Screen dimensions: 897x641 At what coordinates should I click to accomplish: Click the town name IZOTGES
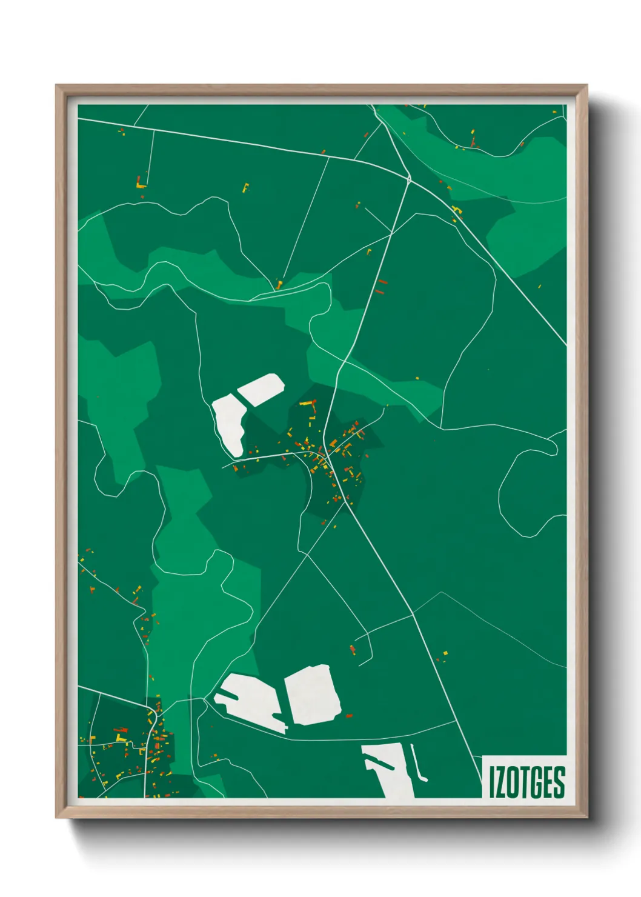(527, 781)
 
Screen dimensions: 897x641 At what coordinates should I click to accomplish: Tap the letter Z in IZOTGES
(500, 781)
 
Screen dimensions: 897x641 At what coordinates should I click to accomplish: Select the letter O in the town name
(513, 781)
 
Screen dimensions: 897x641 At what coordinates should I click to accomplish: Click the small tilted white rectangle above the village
(261, 388)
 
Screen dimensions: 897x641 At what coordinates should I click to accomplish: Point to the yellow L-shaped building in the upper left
(141, 182)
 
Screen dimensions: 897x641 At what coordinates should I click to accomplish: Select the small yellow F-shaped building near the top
(245, 187)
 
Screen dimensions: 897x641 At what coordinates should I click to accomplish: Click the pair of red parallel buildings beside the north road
(380, 286)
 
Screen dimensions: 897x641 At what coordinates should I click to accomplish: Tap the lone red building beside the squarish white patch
(349, 716)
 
